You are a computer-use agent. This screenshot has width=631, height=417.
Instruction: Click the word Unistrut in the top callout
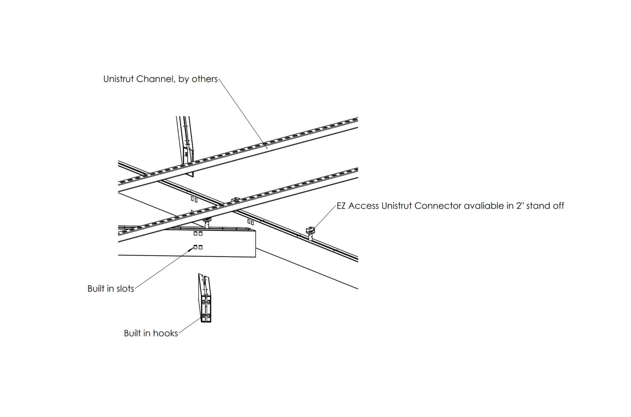pyautogui.click(x=119, y=79)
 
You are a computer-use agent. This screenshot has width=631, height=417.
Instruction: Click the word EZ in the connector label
pyautogui.click(x=341, y=206)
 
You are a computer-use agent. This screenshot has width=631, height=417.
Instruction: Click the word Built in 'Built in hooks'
pyautogui.click(x=131, y=334)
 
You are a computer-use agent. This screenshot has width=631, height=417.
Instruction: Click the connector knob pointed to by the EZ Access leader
pyautogui.click(x=310, y=230)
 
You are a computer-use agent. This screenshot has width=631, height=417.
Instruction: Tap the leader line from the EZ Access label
pyautogui.click(x=325, y=216)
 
